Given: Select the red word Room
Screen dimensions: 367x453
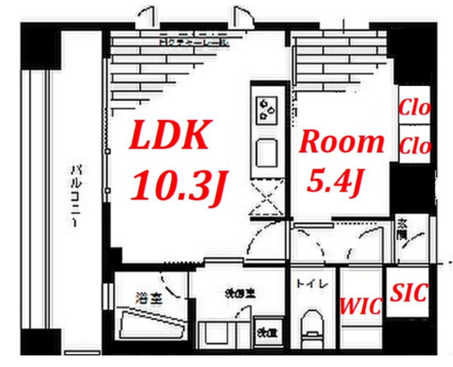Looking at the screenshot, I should click(341, 143).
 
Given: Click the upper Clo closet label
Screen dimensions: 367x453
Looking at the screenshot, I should click(414, 108).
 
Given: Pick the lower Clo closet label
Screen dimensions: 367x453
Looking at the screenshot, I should click(414, 146).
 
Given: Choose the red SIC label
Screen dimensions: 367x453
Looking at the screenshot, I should click(408, 293).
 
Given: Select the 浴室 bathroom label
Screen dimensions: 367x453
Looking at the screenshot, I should click(149, 299).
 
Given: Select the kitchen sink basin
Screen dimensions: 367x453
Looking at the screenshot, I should click(267, 154).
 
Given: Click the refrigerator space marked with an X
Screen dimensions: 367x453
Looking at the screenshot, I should click(266, 199).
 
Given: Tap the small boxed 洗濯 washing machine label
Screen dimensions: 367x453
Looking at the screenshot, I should click(268, 332).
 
